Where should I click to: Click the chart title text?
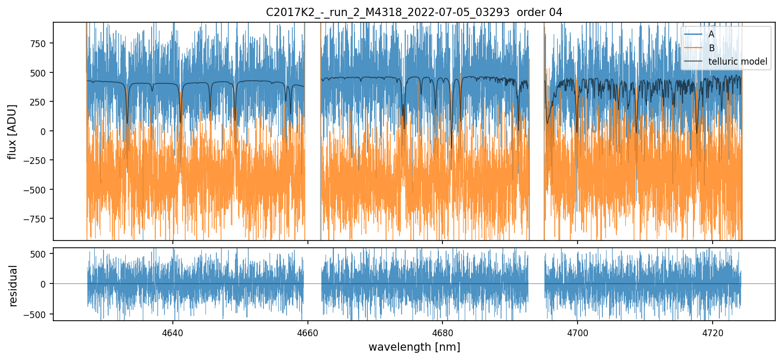pyautogui.click(x=414, y=12)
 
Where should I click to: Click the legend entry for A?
pyautogui.click(x=711, y=35)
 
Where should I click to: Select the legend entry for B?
pyautogui.click(x=711, y=49)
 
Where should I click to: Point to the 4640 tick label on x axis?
pyautogui.click(x=173, y=333)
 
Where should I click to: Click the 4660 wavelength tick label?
pyautogui.click(x=308, y=333)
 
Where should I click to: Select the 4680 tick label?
pyautogui.click(x=442, y=333)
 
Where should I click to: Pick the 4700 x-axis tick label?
pyautogui.click(x=578, y=333)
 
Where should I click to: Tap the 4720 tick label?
pyautogui.click(x=713, y=333)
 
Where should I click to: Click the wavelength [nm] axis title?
pyautogui.click(x=414, y=347)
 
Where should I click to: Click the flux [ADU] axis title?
pyautogui.click(x=11, y=131)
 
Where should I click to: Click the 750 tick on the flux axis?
pyautogui.click(x=40, y=43)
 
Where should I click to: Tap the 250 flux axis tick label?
pyautogui.click(x=40, y=101)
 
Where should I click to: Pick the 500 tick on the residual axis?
pyautogui.click(x=40, y=253)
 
